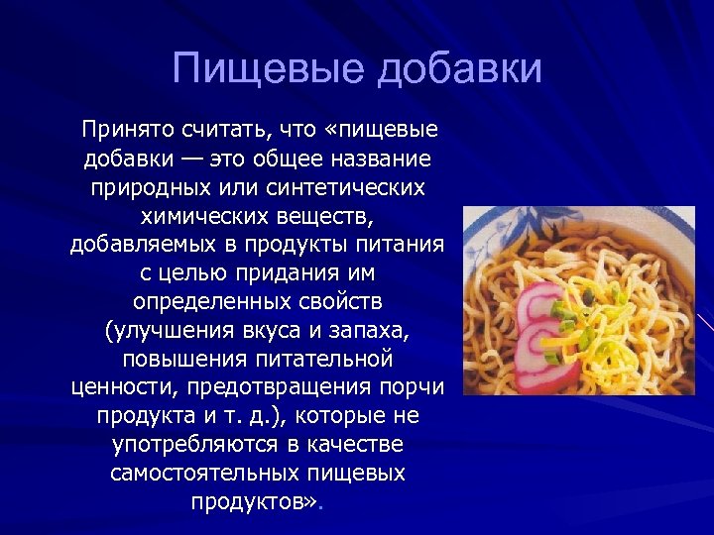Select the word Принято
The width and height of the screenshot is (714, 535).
(129, 129)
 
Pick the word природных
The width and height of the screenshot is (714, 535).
(153, 186)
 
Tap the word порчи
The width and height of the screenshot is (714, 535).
(411, 386)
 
